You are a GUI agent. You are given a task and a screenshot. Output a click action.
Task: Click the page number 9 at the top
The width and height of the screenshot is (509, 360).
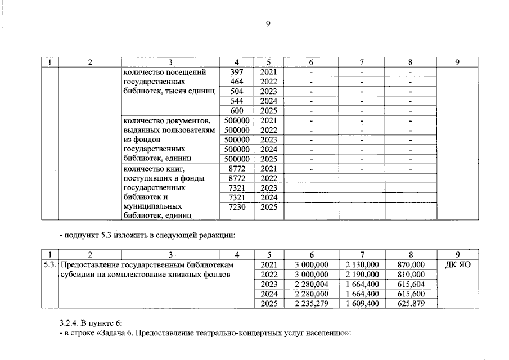268,23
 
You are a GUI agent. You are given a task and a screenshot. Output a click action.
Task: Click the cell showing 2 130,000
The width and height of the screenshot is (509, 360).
362,264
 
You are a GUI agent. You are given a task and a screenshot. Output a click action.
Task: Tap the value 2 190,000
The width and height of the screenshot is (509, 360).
362,274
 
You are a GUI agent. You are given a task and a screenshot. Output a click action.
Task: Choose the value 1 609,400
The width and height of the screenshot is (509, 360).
362,304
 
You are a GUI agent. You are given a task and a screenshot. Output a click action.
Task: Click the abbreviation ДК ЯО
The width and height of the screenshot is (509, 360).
457,264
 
